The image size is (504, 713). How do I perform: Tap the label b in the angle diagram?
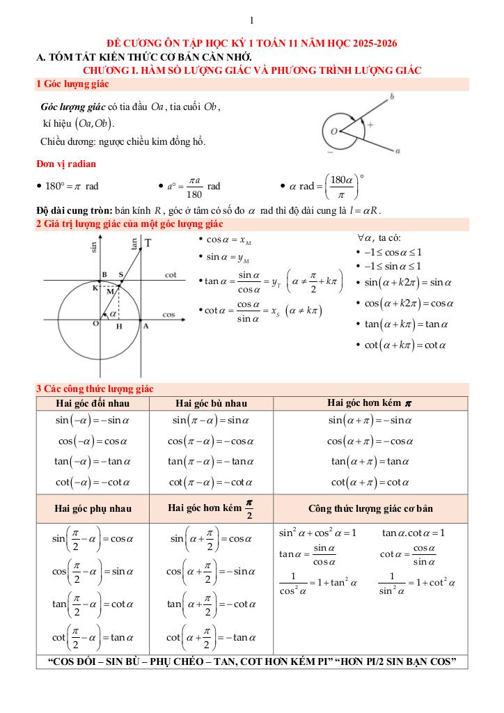click(392, 98)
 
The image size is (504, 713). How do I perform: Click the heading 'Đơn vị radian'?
click(66, 164)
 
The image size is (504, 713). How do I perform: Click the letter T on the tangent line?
click(148, 243)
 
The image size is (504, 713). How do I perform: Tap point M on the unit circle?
click(109, 292)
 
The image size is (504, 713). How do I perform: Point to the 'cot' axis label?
click(171, 275)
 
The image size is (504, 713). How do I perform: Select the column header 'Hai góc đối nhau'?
click(92, 403)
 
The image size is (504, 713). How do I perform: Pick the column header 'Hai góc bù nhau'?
click(211, 403)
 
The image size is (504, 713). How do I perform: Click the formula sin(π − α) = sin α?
click(211, 421)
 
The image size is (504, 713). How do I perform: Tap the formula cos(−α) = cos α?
click(92, 441)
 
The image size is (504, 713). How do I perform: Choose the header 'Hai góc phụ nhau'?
click(92, 508)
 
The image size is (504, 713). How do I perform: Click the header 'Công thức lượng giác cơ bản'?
click(370, 508)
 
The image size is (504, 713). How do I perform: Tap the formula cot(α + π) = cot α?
click(370, 481)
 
